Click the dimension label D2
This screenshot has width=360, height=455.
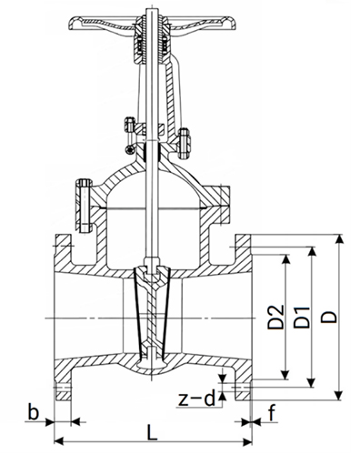[276, 317]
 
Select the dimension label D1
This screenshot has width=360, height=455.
[302, 318]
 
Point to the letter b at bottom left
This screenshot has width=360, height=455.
[34, 411]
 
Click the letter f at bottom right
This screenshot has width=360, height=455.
[273, 413]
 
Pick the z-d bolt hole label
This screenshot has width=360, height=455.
[196, 399]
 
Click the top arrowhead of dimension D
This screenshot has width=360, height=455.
[340, 238]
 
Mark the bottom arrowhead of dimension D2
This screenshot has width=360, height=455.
[285, 374]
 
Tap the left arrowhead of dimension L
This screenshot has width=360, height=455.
[58, 441]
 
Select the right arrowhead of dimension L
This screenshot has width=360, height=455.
[247, 441]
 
